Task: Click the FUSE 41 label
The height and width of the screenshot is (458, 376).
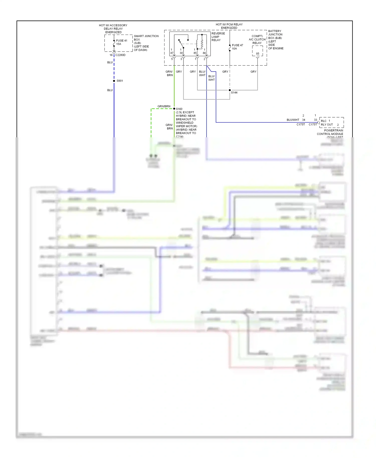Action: point(122,41)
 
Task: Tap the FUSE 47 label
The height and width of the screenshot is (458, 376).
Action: point(237,45)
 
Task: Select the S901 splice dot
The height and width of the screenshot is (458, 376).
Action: point(114,81)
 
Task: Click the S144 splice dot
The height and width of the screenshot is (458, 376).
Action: point(230,90)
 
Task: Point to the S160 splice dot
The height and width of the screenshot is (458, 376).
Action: point(174,109)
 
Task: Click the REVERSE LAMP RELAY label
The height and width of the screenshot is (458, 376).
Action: point(218,37)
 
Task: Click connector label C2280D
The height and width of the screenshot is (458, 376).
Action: point(120,55)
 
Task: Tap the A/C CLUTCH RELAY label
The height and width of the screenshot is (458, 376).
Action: point(257,40)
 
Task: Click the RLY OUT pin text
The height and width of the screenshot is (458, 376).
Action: point(327,125)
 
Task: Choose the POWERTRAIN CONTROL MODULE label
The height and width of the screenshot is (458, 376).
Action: point(330,132)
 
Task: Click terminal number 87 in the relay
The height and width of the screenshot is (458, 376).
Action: point(172,53)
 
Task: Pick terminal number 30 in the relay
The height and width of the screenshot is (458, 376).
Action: point(181,53)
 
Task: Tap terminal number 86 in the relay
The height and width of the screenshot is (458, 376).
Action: point(204,53)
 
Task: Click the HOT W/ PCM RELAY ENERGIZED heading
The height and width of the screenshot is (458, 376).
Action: point(229,26)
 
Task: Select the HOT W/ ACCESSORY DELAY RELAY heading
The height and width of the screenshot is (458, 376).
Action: point(113,29)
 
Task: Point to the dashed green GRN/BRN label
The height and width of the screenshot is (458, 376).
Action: point(164,106)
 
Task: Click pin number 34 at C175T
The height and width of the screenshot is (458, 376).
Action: point(304,120)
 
